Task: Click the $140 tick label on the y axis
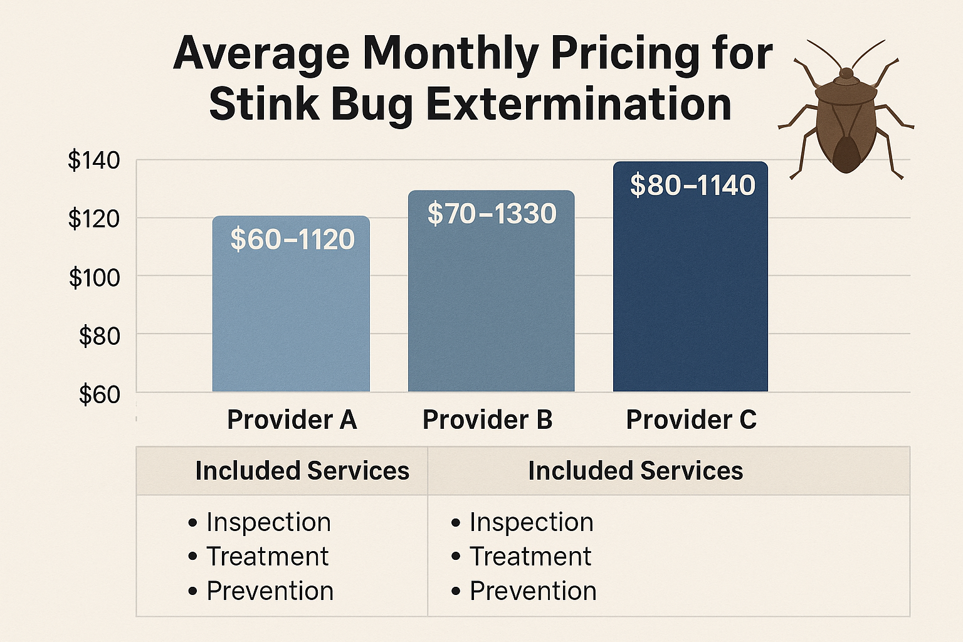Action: pos(94,160)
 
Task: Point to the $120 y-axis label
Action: pos(94,219)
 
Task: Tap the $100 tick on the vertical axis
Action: pos(94,277)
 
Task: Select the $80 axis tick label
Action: pos(99,337)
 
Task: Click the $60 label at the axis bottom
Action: pos(99,395)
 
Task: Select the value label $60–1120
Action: pos(292,239)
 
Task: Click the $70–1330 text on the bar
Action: pos(492,214)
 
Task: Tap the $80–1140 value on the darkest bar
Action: pos(692,186)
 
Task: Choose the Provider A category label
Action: pos(292,420)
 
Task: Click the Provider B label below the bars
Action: pos(487,420)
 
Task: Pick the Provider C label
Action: pos(691,420)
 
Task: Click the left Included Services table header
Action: pos(302,471)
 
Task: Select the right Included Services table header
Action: pos(635,471)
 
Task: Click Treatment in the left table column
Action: pos(267,557)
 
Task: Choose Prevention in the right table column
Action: pos(533,591)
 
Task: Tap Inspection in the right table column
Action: pos(531,522)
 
